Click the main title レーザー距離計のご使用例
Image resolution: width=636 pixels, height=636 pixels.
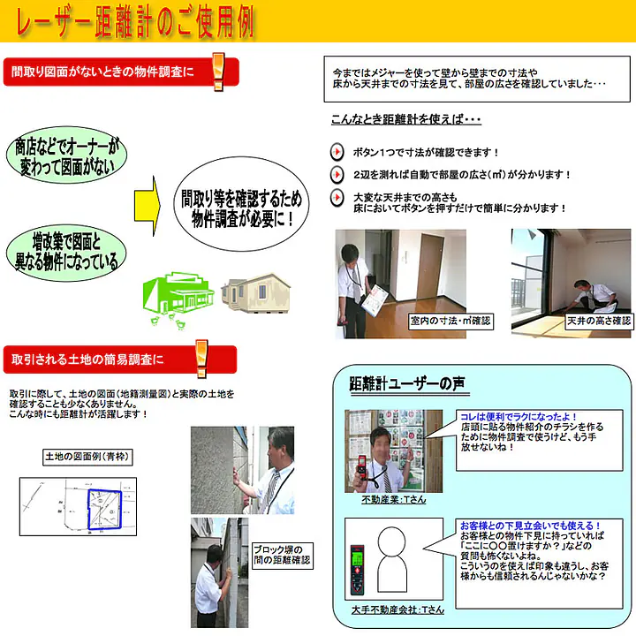[132, 23]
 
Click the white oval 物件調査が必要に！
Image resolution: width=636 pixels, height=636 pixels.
[242, 204]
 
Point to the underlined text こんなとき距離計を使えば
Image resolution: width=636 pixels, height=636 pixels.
[405, 120]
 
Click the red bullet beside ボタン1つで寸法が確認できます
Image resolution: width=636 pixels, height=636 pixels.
[337, 152]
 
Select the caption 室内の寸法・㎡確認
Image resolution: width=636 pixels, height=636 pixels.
[450, 321]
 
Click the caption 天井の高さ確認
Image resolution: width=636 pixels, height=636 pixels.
[599, 321]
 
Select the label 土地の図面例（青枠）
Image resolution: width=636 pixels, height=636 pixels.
[86, 457]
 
